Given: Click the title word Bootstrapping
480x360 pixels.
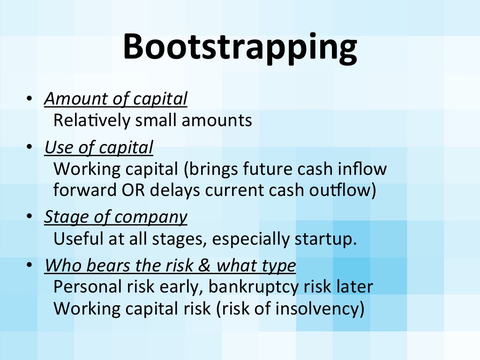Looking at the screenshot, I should point(240,47).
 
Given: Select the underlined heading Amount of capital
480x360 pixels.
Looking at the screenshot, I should point(116,99).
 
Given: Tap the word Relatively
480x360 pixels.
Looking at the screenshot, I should point(92,120).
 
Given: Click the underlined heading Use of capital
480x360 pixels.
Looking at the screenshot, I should point(99,148).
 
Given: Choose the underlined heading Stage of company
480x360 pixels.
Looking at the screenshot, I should point(116,217).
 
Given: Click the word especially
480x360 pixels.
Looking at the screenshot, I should point(251,239).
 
